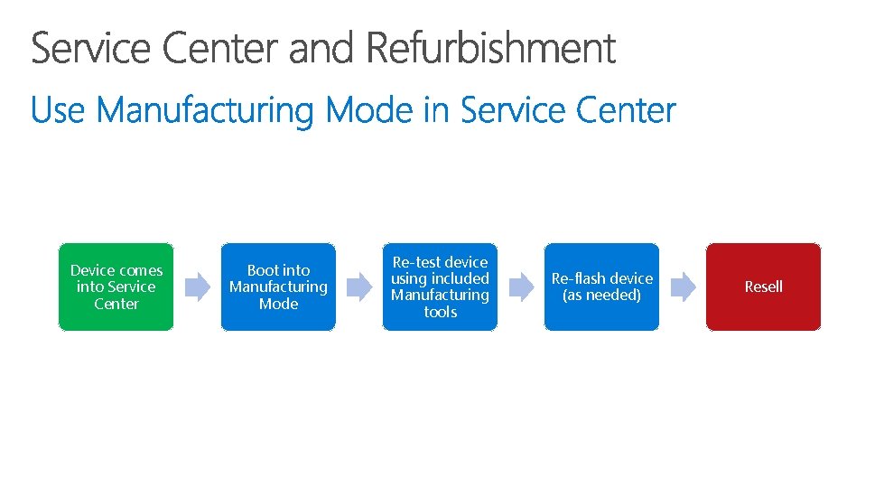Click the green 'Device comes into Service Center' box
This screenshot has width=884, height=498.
[116, 287]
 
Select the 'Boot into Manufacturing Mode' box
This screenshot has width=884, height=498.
[278, 287]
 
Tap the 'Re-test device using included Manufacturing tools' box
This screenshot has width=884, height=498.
[440, 287]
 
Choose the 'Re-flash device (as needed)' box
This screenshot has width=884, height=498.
[601, 287]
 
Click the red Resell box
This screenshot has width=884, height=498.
[763, 287]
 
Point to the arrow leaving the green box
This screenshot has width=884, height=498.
[197, 287]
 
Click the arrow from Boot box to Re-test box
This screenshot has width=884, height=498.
[359, 287]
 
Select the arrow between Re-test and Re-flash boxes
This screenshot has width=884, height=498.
[521, 287]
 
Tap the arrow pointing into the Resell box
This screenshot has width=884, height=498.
[683, 287]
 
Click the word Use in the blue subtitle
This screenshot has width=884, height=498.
[58, 111]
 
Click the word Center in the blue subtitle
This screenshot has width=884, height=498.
[625, 111]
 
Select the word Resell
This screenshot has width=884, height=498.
[763, 287]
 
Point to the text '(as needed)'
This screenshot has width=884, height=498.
[601, 296]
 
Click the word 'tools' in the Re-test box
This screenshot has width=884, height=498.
[440, 312]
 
